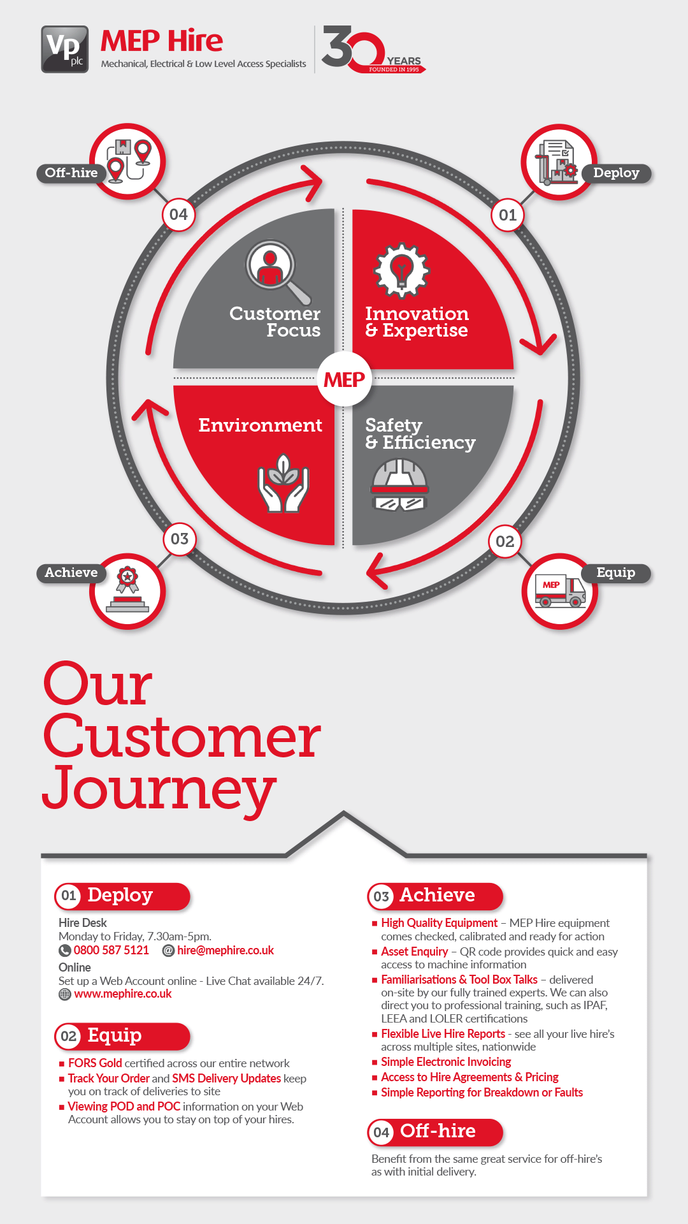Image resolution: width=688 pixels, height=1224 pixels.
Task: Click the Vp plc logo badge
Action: point(65,49)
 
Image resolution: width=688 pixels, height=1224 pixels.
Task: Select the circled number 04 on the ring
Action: point(178,214)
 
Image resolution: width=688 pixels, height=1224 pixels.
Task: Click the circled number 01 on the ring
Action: point(508,215)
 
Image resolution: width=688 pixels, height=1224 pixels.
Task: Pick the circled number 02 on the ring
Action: point(505,541)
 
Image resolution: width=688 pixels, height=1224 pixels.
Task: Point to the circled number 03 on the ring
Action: point(180,539)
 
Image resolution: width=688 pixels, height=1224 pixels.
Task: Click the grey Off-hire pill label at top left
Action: point(71,173)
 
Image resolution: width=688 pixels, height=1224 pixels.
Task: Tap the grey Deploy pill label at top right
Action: point(616,173)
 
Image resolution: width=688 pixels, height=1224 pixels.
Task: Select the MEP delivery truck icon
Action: point(560,592)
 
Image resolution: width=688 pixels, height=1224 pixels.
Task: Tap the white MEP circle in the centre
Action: point(344,379)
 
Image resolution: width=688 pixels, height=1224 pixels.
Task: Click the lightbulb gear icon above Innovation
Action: point(401,270)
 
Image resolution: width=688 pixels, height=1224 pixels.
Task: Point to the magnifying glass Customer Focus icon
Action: point(276,270)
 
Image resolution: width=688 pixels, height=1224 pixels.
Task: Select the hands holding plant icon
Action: point(283,484)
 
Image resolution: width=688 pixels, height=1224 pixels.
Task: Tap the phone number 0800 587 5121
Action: point(111,951)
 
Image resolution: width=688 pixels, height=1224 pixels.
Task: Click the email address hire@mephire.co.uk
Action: point(226,951)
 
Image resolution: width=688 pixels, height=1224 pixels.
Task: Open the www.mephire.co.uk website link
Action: point(123,994)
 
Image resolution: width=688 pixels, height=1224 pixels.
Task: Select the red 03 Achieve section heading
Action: point(436,896)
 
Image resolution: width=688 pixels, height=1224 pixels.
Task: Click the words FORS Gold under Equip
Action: point(95,1063)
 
